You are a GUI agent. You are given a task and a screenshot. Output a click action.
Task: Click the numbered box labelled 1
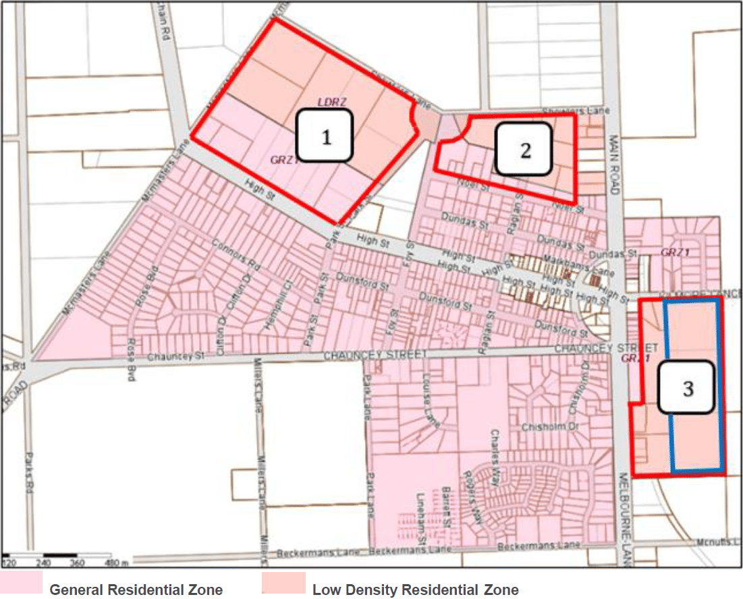tap(325, 137)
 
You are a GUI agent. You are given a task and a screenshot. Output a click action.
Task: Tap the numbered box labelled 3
tap(687, 388)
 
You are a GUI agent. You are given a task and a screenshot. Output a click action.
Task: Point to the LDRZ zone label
tap(332, 102)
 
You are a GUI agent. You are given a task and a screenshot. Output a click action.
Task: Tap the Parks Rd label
tap(30, 472)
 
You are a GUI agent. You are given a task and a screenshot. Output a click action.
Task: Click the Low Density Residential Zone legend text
tap(415, 590)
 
